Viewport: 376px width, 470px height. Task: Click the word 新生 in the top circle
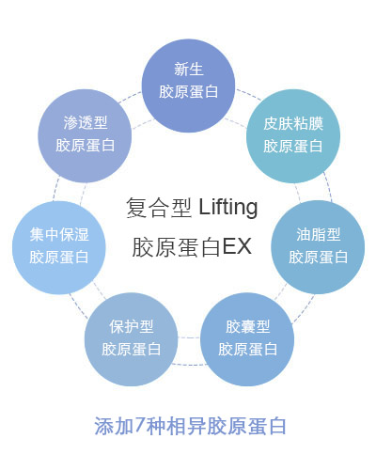tap(188, 69)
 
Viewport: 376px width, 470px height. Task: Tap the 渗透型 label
tap(86, 122)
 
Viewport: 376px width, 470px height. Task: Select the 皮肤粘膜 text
tap(293, 123)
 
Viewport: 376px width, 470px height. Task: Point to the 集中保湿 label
tap(59, 234)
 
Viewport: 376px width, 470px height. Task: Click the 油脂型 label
tap(319, 234)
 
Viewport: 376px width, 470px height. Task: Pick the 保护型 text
tap(132, 326)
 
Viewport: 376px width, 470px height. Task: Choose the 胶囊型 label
tap(247, 326)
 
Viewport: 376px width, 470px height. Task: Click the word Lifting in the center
tap(228, 208)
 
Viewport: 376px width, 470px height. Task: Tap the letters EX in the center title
tap(237, 246)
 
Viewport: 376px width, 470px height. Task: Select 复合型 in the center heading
tap(159, 208)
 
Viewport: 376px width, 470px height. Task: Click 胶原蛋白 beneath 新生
tap(188, 92)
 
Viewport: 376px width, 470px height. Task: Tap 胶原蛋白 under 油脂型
tap(319, 258)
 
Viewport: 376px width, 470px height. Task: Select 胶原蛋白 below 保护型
tap(132, 349)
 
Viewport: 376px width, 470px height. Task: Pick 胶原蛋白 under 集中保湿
tap(59, 258)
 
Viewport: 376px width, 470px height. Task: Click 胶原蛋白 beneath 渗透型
tap(86, 146)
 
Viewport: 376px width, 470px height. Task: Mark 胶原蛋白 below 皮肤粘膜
tap(293, 147)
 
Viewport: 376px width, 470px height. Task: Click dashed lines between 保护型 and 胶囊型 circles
tap(189, 337)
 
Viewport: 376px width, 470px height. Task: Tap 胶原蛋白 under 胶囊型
tap(247, 349)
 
